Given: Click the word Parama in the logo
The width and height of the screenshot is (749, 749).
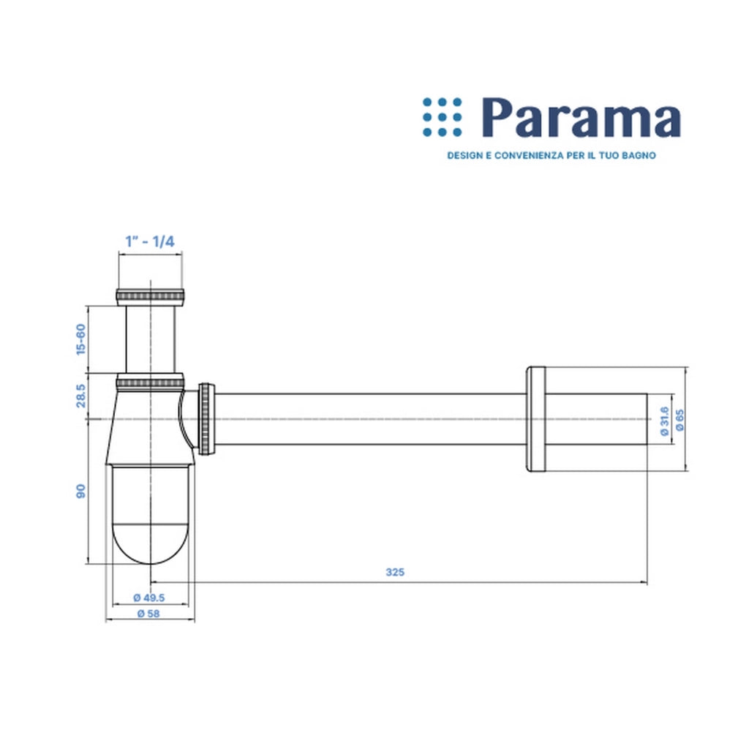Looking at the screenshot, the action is pyautogui.click(x=581, y=118).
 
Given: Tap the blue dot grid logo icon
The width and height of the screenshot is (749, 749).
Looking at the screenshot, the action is pyautogui.click(x=443, y=117).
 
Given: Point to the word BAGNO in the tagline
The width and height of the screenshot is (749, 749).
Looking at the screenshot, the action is pyautogui.click(x=639, y=155).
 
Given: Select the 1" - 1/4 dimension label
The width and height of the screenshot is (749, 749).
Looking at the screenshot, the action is pyautogui.click(x=150, y=241).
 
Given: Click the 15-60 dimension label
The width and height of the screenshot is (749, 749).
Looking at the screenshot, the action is pyautogui.click(x=80, y=339).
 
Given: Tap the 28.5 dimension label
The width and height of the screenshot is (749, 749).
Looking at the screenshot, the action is pyautogui.click(x=80, y=396).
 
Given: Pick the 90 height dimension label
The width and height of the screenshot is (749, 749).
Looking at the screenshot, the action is pyautogui.click(x=80, y=491).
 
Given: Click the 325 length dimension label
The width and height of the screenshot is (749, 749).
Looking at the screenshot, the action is pyautogui.click(x=395, y=572).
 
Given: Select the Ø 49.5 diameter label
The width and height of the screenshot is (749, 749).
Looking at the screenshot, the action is pyautogui.click(x=149, y=598).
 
